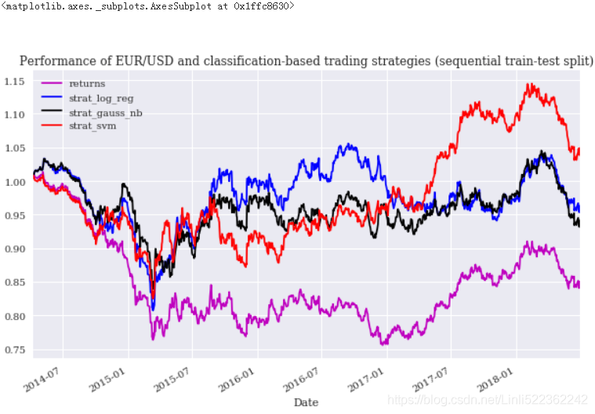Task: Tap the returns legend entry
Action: pyautogui.click(x=86, y=83)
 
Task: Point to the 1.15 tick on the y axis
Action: pyautogui.click(x=14, y=82)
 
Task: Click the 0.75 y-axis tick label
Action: pyautogui.click(x=14, y=350)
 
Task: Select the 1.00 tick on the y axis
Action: pyautogui.click(x=14, y=182)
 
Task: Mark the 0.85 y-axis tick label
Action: pyautogui.click(x=14, y=283)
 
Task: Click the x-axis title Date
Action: pyautogui.click(x=306, y=401)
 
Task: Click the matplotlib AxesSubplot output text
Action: pyautogui.click(x=148, y=6)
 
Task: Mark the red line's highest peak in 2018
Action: pyautogui.click(x=531, y=84)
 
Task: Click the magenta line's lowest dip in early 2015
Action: pyautogui.click(x=153, y=338)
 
